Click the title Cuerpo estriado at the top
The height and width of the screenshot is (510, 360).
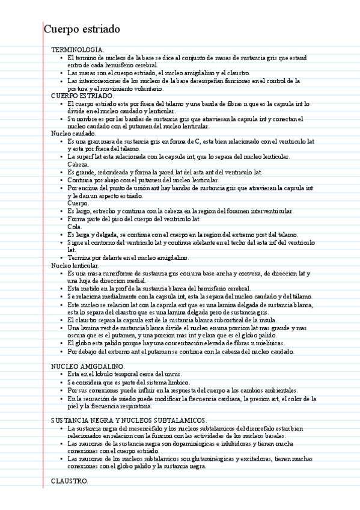tap(82, 29)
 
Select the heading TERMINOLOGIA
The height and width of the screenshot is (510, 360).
tap(78, 49)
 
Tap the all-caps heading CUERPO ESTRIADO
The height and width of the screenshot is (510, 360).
tap(82, 96)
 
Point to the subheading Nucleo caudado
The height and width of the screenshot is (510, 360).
tap(70, 134)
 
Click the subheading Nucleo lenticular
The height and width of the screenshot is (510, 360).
tap(75, 265)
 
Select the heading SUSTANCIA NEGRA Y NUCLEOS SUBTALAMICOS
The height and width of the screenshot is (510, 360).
tap(129, 420)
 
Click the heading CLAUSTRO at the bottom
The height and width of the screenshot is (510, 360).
tap(69, 481)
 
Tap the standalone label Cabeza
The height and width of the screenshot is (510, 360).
tap(78, 164)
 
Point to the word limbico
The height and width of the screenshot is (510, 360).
tap(178, 382)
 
